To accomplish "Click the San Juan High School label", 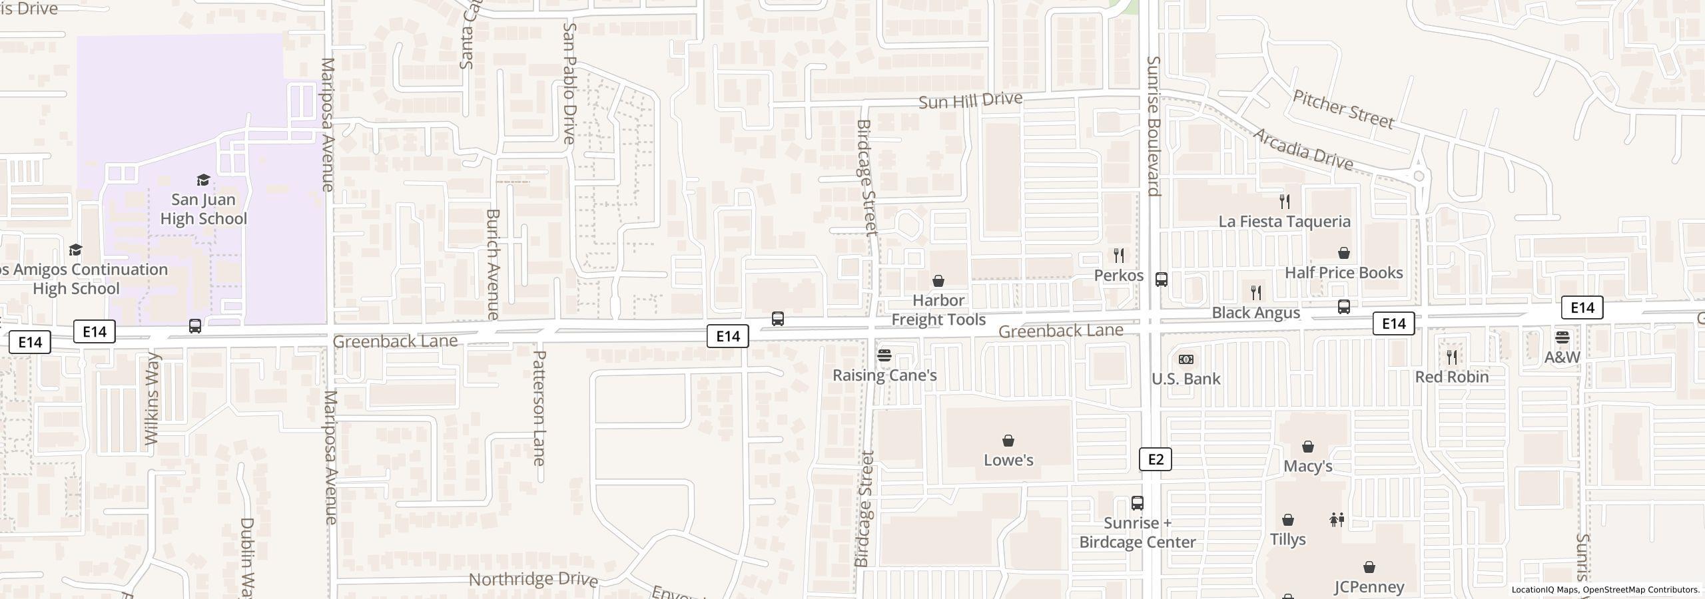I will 204,209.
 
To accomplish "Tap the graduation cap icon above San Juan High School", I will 203,180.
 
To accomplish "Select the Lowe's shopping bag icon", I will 1008,441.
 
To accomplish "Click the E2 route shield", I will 1155,459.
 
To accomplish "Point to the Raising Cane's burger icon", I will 884,355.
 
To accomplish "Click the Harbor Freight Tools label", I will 938,310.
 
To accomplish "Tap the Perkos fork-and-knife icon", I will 1119,256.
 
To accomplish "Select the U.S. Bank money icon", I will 1186,359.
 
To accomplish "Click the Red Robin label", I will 1452,377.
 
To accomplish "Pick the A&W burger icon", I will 1562,337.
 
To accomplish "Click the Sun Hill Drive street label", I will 970,101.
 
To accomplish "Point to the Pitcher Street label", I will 1343,110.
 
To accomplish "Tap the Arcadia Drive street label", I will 1303,150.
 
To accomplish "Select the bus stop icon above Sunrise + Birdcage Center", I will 1138,503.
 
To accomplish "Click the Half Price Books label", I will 1344,273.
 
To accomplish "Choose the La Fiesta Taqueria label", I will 1285,222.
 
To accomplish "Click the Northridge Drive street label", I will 533,579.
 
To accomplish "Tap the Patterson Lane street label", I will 539,408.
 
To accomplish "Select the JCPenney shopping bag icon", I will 1369,567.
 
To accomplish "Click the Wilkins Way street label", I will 152,399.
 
